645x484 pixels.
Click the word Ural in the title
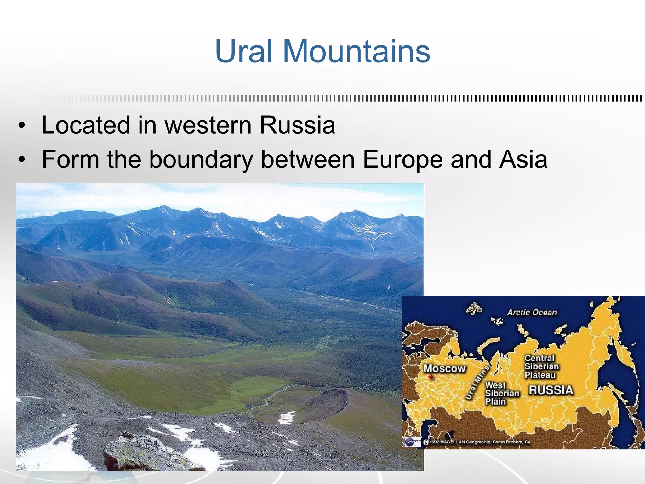click(x=243, y=51)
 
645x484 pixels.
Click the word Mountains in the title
click(x=356, y=51)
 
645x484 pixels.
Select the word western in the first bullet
click(x=208, y=125)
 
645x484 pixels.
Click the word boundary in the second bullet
click(x=201, y=159)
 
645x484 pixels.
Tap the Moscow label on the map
click(x=444, y=368)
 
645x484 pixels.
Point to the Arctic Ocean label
click(x=532, y=313)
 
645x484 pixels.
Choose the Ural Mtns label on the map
click(x=478, y=382)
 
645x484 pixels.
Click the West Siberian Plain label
click(x=502, y=393)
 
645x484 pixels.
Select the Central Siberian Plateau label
click(x=541, y=367)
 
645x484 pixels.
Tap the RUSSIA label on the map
click(x=551, y=390)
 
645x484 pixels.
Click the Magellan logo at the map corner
click(x=412, y=442)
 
